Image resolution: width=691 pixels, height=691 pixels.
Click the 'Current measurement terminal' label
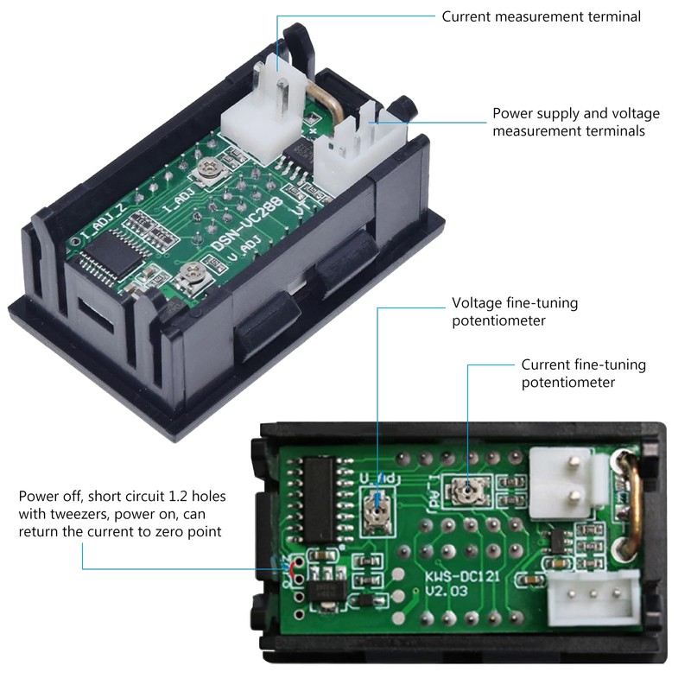(x=542, y=16)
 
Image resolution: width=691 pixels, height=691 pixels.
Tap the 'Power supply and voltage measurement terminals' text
(x=576, y=122)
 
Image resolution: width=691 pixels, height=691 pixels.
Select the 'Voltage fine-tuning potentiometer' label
(x=515, y=312)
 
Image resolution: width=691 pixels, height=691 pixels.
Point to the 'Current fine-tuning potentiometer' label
(x=584, y=373)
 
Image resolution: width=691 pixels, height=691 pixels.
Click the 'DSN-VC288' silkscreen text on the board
(x=248, y=224)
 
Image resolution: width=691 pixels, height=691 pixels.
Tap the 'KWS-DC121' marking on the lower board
(x=462, y=576)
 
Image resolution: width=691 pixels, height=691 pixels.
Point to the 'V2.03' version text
(x=446, y=591)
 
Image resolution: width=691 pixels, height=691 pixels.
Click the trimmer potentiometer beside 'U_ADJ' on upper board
(x=191, y=275)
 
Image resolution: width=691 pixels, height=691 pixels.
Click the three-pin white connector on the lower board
(x=593, y=597)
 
